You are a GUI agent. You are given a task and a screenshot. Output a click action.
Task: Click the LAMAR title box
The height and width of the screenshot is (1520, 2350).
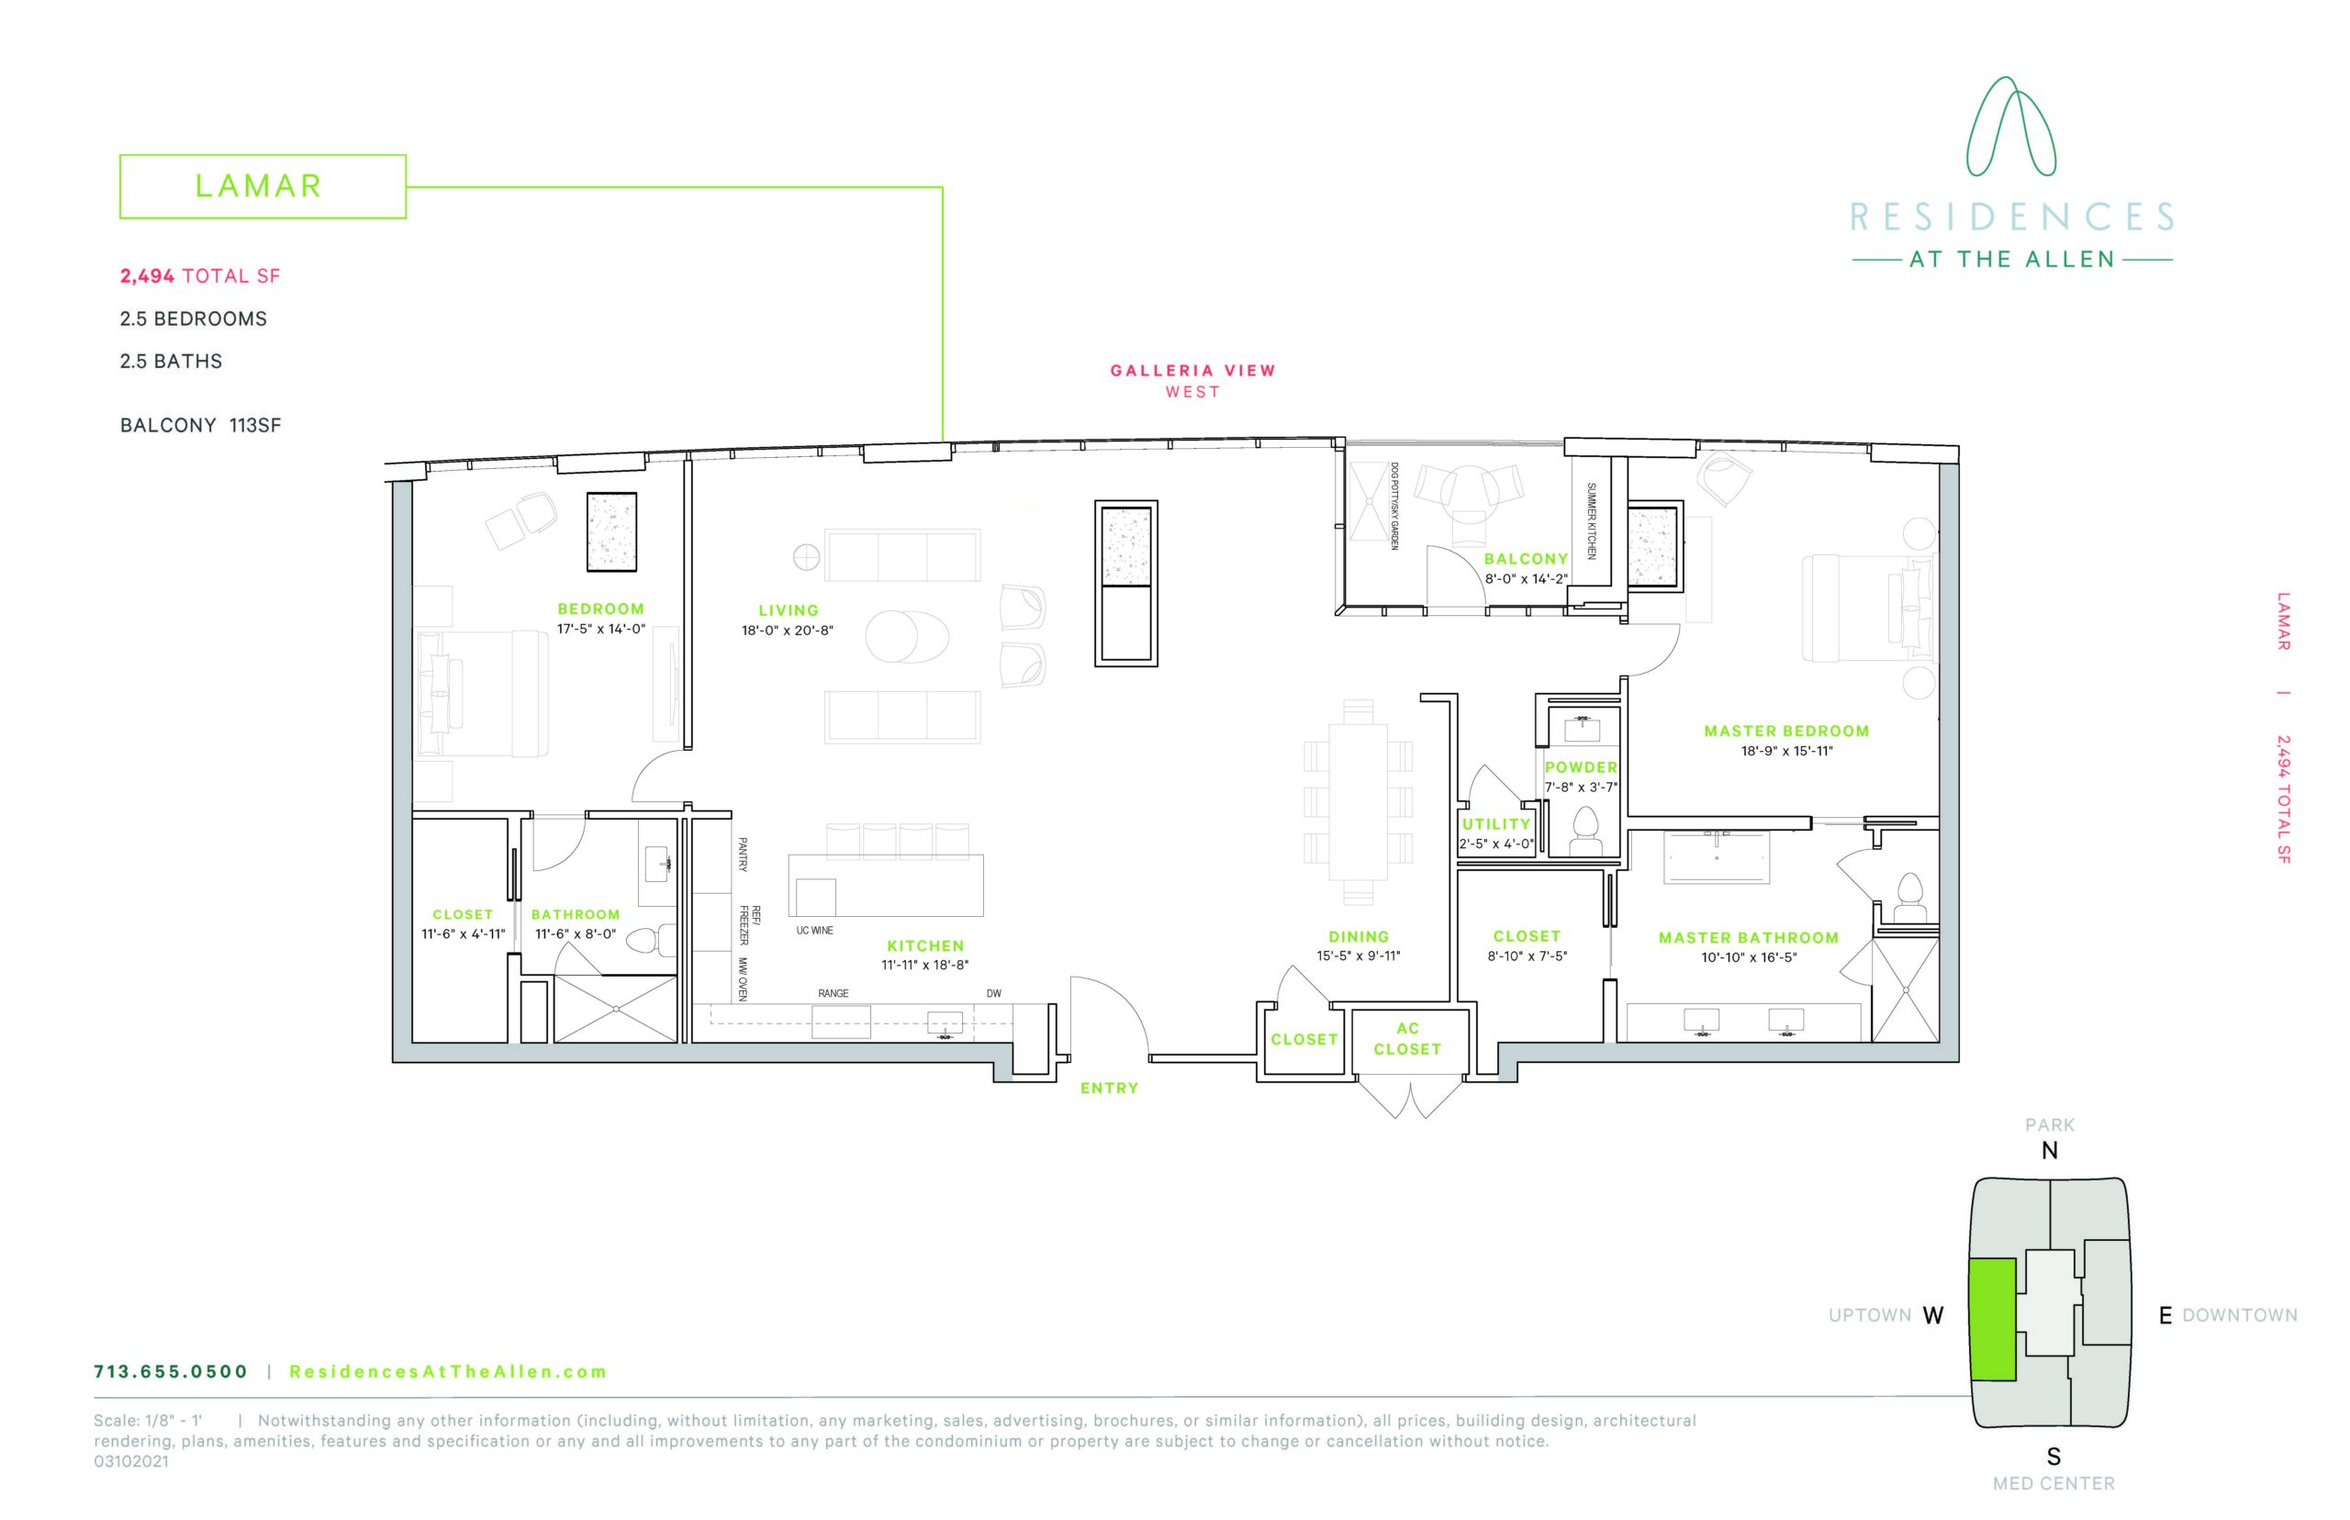coord(262,185)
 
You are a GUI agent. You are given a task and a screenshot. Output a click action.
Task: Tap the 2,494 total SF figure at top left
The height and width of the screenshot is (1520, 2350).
coord(200,276)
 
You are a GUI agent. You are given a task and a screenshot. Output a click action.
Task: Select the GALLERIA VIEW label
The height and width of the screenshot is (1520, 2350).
coord(1192,370)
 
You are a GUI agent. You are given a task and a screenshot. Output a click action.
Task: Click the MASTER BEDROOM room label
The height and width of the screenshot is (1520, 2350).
coord(1785,732)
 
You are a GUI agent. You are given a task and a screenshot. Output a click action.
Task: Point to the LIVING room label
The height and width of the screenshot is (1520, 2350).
coord(788,611)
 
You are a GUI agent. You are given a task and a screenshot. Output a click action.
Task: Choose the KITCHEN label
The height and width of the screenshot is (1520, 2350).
coord(924,945)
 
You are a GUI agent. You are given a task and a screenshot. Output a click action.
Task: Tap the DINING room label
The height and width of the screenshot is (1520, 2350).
coord(1358,936)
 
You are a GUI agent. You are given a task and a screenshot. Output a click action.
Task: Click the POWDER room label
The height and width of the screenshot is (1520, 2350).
coord(1580,767)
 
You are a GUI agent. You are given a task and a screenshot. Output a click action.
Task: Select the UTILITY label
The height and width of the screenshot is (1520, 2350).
coord(1495,824)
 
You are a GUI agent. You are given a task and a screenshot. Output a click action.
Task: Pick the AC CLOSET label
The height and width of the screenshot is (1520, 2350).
coord(1406,1038)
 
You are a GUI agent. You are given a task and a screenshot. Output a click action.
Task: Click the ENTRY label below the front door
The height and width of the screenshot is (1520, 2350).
coord(1110,1088)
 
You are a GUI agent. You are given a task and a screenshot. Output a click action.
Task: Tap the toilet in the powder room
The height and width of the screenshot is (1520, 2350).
coord(1585,832)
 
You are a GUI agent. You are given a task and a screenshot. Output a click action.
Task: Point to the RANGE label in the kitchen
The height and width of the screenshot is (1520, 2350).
coord(833,993)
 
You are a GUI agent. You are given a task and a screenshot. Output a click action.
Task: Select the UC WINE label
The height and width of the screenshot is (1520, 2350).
coord(814,931)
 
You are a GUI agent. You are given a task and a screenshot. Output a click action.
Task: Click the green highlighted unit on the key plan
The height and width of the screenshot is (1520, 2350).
coord(1992,1320)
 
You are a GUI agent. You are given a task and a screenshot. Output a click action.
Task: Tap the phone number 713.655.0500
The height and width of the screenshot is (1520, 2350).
coord(171,1371)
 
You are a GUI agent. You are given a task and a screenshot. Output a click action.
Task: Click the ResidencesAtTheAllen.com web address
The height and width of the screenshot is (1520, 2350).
coord(448,1371)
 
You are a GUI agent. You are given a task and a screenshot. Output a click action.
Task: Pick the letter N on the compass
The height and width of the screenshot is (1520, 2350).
coord(2050,1151)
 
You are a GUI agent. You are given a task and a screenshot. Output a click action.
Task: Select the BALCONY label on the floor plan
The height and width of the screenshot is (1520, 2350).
coord(1526,559)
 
